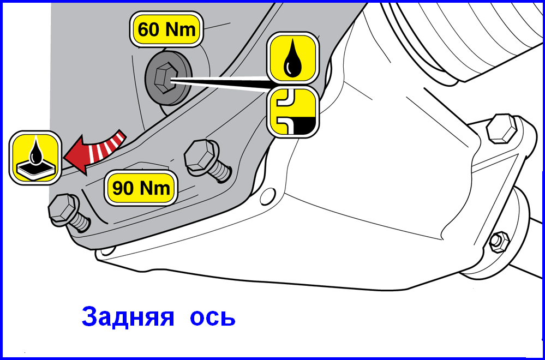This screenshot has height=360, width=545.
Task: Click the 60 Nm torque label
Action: pyautogui.click(x=166, y=29)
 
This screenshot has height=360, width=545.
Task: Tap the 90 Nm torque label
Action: pyautogui.click(x=141, y=188)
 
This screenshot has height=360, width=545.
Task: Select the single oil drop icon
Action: pyautogui.click(x=292, y=58)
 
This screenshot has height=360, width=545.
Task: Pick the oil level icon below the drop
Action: pyautogui.click(x=292, y=111)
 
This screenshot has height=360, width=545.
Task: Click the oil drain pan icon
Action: pyautogui.click(x=35, y=158)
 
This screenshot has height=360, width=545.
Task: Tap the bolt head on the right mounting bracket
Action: pyautogui.click(x=501, y=128)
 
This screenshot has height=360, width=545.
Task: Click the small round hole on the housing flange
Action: pyautogui.click(x=268, y=196)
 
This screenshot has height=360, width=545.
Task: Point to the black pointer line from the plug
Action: pyautogui.click(x=219, y=84)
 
